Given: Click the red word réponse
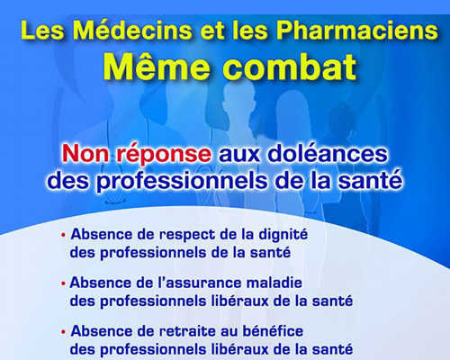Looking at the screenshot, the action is click(164, 155).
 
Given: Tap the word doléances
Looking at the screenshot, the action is click(328, 153).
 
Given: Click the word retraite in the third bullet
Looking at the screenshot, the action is click(186, 331).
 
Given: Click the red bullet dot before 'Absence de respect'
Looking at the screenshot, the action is click(63, 235).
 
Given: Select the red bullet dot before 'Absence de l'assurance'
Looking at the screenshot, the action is click(63, 283).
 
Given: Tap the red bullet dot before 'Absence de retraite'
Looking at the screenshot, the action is click(63, 332).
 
